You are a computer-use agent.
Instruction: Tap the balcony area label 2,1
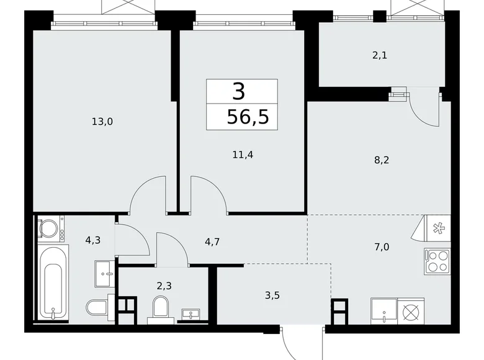tap(379, 55)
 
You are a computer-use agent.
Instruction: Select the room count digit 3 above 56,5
tap(240, 91)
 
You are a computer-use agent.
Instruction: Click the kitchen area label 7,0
tap(382, 246)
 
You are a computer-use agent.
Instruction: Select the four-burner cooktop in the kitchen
tap(436, 261)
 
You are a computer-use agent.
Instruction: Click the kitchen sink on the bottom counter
tap(383, 310)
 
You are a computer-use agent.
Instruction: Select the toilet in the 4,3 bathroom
tap(98, 307)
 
